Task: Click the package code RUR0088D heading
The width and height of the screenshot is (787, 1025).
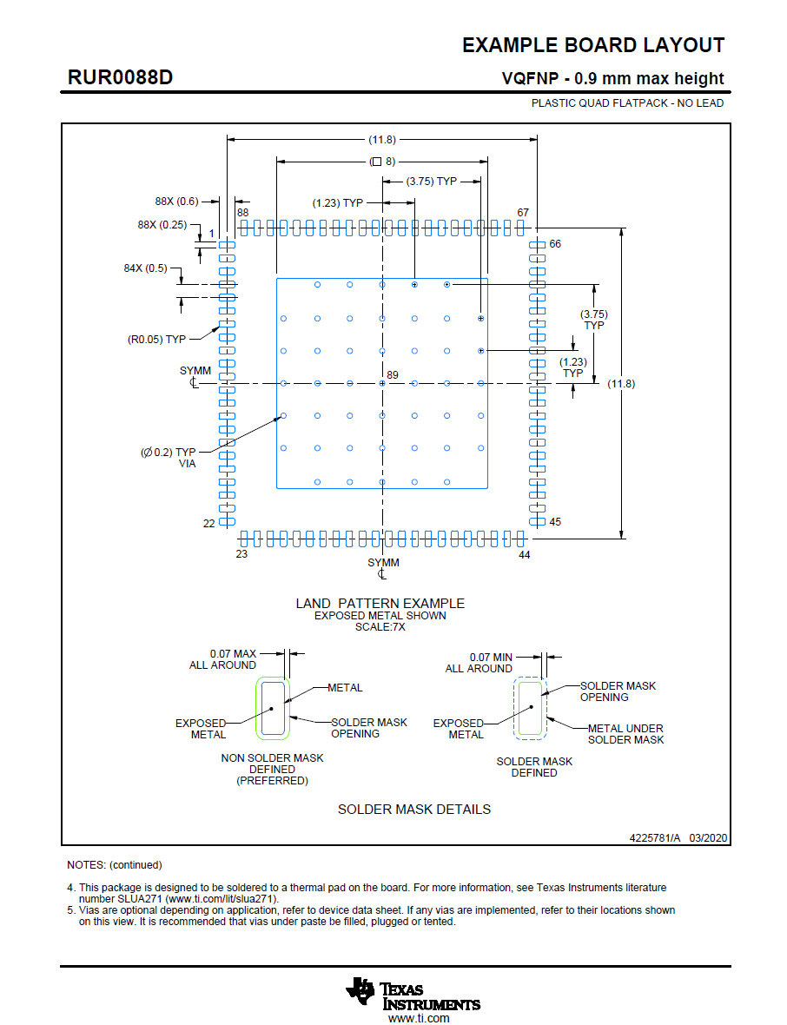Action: (x=120, y=77)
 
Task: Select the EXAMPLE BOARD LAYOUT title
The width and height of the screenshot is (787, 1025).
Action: (x=592, y=46)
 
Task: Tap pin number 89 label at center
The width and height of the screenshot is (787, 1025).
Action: (x=393, y=374)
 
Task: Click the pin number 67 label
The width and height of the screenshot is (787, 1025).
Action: (x=523, y=213)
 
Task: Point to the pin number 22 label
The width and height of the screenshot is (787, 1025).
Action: (x=209, y=523)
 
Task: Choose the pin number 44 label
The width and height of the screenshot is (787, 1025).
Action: (x=524, y=553)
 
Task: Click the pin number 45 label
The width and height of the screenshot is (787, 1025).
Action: (x=555, y=522)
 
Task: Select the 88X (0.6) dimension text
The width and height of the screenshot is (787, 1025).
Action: (x=176, y=202)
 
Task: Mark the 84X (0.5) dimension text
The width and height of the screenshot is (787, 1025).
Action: (x=145, y=268)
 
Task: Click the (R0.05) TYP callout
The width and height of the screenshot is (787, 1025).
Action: (x=156, y=339)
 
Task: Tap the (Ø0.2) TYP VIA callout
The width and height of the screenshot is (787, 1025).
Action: (x=169, y=457)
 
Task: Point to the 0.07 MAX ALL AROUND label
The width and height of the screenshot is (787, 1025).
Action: (x=223, y=659)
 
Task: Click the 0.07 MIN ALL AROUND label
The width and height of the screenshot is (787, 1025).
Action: (x=479, y=663)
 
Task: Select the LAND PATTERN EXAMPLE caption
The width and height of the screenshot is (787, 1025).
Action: (x=380, y=603)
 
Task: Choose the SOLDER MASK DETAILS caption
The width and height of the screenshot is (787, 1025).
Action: (x=414, y=809)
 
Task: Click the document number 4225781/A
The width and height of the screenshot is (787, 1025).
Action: (x=656, y=838)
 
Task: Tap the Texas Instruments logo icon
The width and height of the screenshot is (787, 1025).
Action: (x=360, y=990)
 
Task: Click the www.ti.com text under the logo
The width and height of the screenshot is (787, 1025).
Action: (x=419, y=1018)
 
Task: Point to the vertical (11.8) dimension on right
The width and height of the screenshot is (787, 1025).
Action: (x=621, y=384)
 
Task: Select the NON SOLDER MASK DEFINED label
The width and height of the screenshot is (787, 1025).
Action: (x=272, y=769)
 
